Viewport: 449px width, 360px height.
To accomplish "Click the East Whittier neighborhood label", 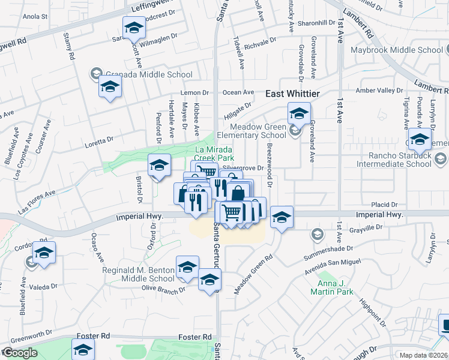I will pyautogui.click(x=293, y=94).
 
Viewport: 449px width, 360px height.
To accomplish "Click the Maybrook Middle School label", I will pyautogui.click(x=397, y=50).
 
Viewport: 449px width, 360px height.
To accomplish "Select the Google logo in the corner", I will pyautogui.click(x=20, y=353).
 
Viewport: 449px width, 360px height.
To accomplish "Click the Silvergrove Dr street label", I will pyautogui.click(x=243, y=169).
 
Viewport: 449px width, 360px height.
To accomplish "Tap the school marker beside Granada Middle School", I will pyautogui.click(x=110, y=88).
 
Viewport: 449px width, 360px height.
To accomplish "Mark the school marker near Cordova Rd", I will pyautogui.click(x=44, y=253).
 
